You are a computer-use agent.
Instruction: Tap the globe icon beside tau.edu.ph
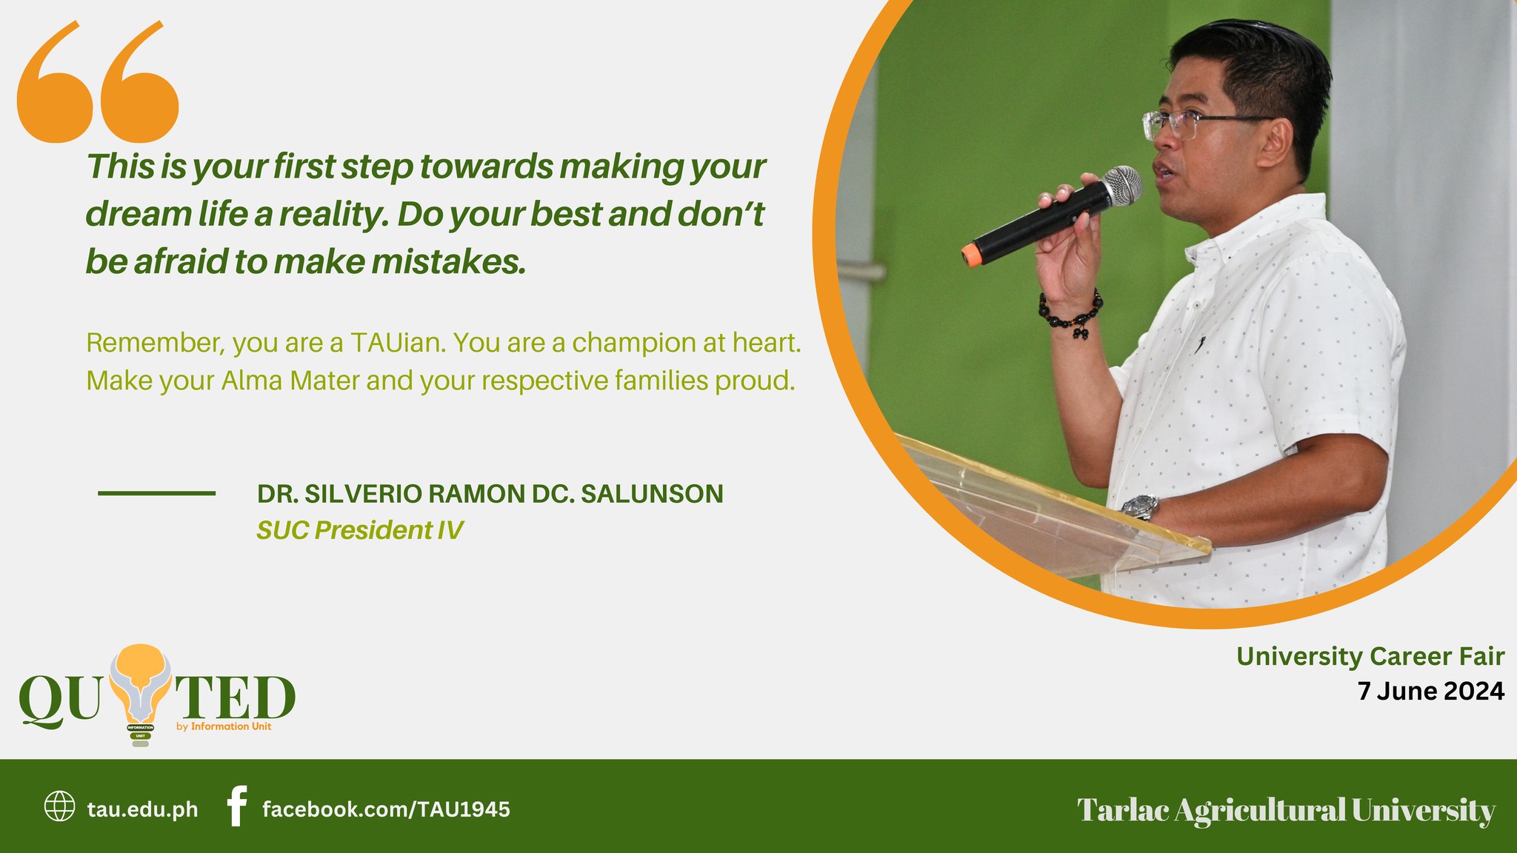pos(59,806)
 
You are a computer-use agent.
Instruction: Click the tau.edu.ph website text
pos(142,809)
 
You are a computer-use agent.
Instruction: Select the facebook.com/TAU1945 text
pos(386,809)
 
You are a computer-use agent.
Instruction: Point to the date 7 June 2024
pos(1430,691)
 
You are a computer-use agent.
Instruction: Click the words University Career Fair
pos(1370,656)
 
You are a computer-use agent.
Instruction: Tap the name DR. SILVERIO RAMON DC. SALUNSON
pos(490,494)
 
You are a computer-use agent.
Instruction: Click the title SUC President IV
pos(359,530)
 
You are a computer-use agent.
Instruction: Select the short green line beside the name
pos(156,493)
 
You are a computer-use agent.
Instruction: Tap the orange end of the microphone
pos(969,254)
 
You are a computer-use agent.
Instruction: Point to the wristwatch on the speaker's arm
pos(1139,507)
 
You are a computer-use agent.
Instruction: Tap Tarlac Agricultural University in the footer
pos(1285,809)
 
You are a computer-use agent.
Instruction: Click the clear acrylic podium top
pos(1052,504)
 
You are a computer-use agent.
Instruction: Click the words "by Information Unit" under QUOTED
pos(224,726)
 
